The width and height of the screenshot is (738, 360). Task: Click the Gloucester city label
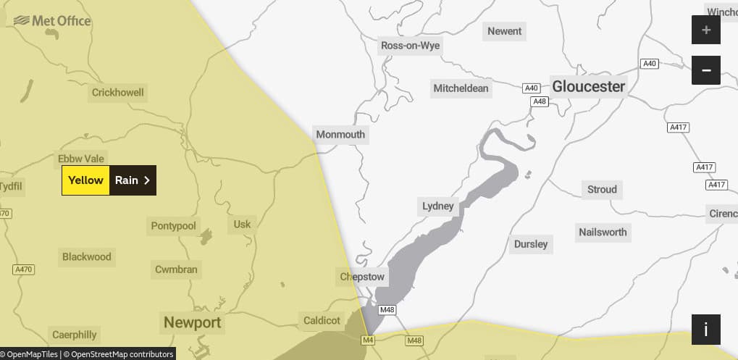pyautogui.click(x=588, y=86)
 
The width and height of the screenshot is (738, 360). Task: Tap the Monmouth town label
pyautogui.click(x=340, y=135)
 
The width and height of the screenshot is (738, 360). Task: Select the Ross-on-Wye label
pyautogui.click(x=410, y=46)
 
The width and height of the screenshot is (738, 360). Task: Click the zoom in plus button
pyautogui.click(x=706, y=30)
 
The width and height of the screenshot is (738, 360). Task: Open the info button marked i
pyautogui.click(x=706, y=329)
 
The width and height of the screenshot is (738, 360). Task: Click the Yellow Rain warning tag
pyautogui.click(x=109, y=180)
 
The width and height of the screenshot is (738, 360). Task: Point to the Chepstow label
pyautogui.click(x=363, y=277)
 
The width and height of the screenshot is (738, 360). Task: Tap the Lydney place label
pyautogui.click(x=438, y=206)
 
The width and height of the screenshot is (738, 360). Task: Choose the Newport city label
pyautogui.click(x=192, y=322)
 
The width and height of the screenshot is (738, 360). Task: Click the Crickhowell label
pyautogui.click(x=118, y=93)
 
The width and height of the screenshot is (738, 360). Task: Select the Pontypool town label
pyautogui.click(x=174, y=226)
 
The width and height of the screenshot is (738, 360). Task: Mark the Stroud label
pyautogui.click(x=602, y=190)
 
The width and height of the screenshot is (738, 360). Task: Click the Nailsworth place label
pyautogui.click(x=603, y=233)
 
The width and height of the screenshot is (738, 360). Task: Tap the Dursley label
pyautogui.click(x=531, y=244)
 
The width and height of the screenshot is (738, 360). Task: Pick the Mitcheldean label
pyautogui.click(x=461, y=89)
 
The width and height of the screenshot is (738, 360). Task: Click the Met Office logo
pyautogui.click(x=52, y=21)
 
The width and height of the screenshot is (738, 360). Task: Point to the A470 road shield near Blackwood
pyautogui.click(x=24, y=269)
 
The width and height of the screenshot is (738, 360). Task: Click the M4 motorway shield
pyautogui.click(x=369, y=340)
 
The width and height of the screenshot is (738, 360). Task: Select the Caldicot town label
pyautogui.click(x=322, y=320)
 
